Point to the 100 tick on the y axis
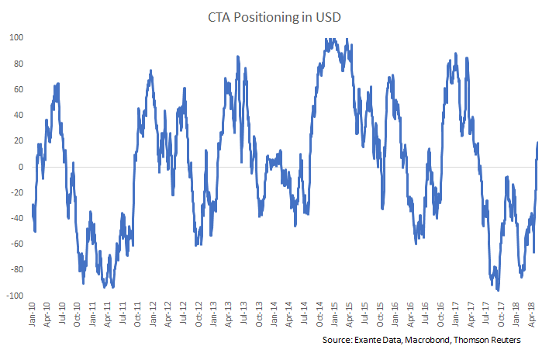tap(17, 37)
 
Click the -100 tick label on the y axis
tap(15, 295)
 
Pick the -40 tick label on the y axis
tap(17, 218)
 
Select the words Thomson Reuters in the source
tap(493, 341)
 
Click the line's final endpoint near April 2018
tap(537, 143)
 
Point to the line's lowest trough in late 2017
tap(498, 289)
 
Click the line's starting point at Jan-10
tap(33, 205)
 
